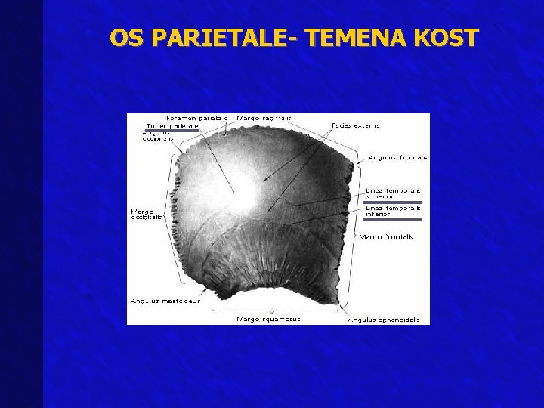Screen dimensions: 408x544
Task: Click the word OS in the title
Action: click(x=125, y=37)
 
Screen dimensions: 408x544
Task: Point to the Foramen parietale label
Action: click(x=196, y=119)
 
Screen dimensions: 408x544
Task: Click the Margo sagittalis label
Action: click(x=264, y=119)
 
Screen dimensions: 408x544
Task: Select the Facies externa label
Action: click(x=356, y=125)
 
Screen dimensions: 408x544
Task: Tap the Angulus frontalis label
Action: click(x=397, y=158)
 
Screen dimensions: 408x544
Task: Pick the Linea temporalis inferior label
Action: click(x=392, y=211)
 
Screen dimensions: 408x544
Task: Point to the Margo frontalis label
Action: click(x=385, y=236)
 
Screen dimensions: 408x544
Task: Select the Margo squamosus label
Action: click(x=268, y=319)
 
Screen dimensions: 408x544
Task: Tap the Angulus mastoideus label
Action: click(x=165, y=301)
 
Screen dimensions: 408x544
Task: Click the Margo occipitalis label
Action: click(x=147, y=215)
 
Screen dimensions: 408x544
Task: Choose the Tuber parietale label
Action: click(x=172, y=126)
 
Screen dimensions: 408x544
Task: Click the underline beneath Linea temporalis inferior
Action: click(x=392, y=220)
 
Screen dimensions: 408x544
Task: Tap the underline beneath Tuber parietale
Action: click(x=172, y=131)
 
